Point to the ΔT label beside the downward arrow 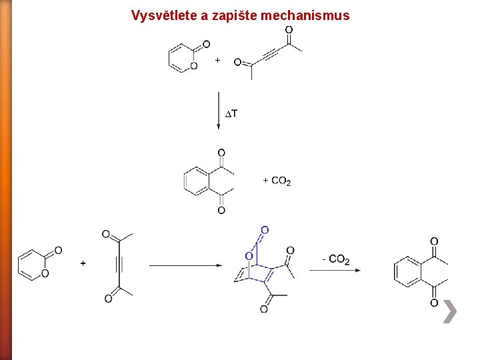click(230, 114)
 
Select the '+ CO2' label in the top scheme click(277, 181)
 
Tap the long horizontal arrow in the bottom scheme click(185, 265)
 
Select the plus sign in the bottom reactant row click(83, 264)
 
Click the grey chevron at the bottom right click(450, 311)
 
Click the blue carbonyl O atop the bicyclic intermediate click(265, 231)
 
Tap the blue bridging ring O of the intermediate click(248, 256)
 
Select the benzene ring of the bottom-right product click(407, 271)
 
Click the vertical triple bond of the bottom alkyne click(118, 264)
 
